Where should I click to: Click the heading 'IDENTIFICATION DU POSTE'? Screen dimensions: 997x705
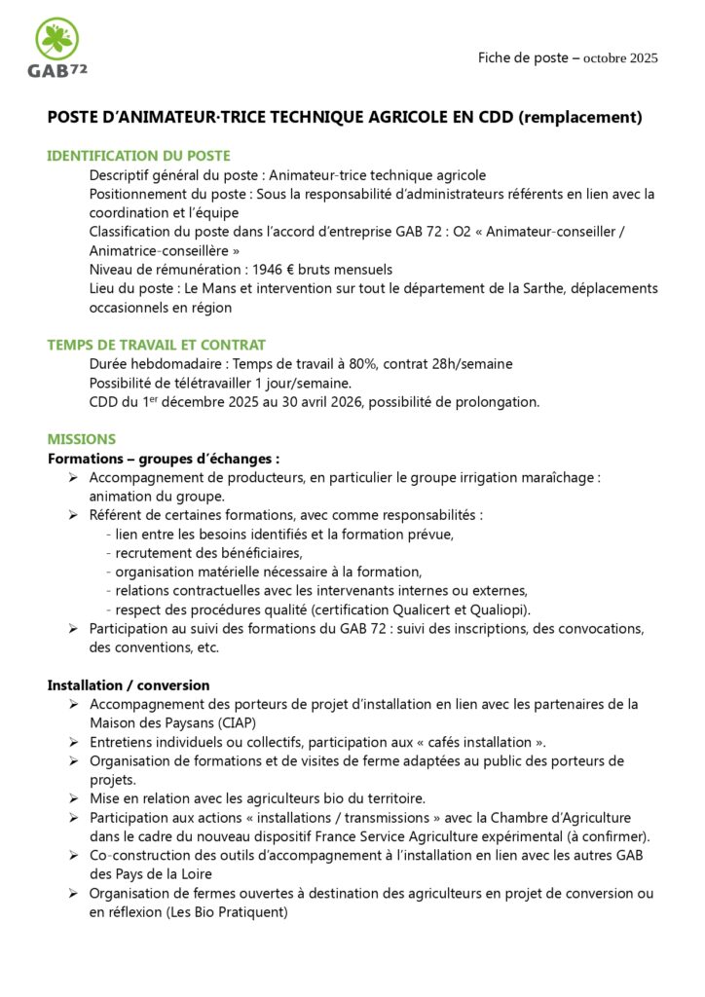click(x=138, y=156)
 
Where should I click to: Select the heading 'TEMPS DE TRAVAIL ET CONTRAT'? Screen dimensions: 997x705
click(x=157, y=345)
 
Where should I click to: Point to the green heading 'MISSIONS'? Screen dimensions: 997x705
click(x=82, y=439)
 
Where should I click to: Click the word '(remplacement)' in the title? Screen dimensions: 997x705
click(x=580, y=118)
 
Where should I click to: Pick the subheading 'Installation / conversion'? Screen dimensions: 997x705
click(x=129, y=685)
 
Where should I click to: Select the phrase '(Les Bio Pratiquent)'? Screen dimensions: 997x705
click(x=221, y=912)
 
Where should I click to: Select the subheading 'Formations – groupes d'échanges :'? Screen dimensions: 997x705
click(x=164, y=459)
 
